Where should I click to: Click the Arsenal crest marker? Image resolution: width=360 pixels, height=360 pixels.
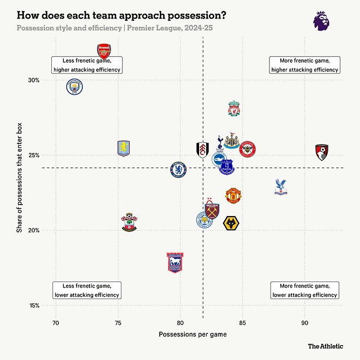[104, 51]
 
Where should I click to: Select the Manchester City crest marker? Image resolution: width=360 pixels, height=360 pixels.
[75, 87]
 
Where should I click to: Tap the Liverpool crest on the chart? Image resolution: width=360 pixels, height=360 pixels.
[234, 109]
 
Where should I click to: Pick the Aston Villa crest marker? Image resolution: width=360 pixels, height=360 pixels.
[124, 148]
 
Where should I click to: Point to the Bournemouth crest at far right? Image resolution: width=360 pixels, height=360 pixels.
[322, 152]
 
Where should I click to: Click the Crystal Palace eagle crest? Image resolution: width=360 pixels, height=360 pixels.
[281, 187]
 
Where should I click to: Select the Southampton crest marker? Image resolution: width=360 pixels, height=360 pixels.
[129, 222]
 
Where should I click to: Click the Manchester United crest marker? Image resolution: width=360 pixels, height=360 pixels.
[233, 195]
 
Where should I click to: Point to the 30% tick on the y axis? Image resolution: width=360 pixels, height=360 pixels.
[34, 80]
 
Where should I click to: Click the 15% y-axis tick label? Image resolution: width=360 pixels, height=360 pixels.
[34, 305]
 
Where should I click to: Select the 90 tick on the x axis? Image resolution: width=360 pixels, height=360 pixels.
[305, 323]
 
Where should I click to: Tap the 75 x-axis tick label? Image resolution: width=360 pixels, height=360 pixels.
[118, 323]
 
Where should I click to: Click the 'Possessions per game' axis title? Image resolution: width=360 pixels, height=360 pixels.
[193, 334]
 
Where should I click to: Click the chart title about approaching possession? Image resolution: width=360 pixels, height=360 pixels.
[122, 15]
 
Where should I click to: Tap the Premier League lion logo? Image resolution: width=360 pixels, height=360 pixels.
[321, 21]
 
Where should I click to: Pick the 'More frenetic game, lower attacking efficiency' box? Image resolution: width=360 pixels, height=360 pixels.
[305, 290]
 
